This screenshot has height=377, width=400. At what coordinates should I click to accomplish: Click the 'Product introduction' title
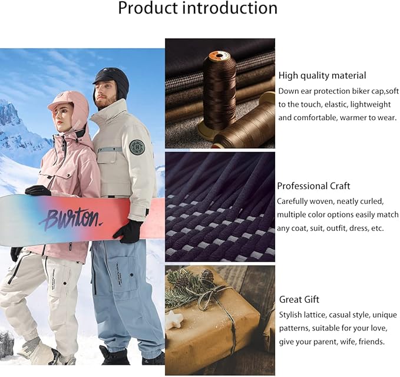(197, 8)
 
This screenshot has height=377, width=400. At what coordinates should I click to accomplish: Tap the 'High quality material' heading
(322, 75)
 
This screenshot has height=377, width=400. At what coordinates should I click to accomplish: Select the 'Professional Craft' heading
(313, 186)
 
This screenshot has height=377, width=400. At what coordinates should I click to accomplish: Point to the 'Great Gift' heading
(299, 300)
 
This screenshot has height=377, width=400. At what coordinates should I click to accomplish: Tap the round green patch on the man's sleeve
(137, 147)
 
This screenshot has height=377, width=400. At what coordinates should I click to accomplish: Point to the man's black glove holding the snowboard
(128, 232)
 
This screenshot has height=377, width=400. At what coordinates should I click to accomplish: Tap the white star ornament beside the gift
(175, 322)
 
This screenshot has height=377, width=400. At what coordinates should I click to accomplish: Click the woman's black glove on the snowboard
(37, 190)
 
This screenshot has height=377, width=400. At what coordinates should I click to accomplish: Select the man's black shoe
(114, 355)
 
